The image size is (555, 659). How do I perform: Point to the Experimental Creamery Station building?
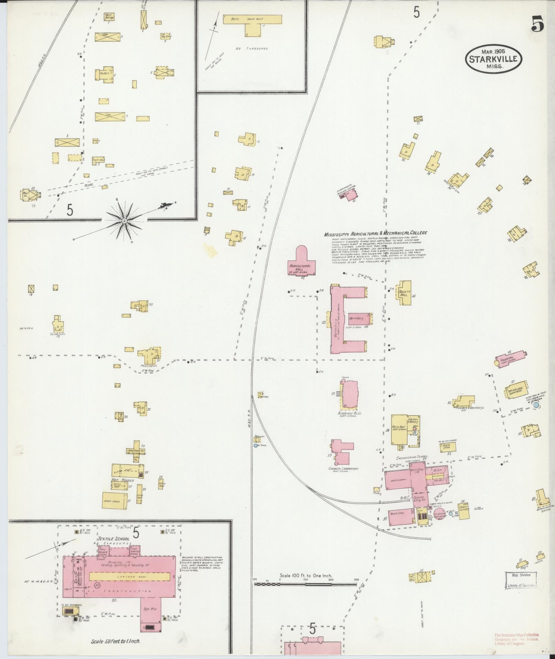[x=352, y=194]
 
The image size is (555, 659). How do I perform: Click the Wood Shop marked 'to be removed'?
[x=448, y=446]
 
